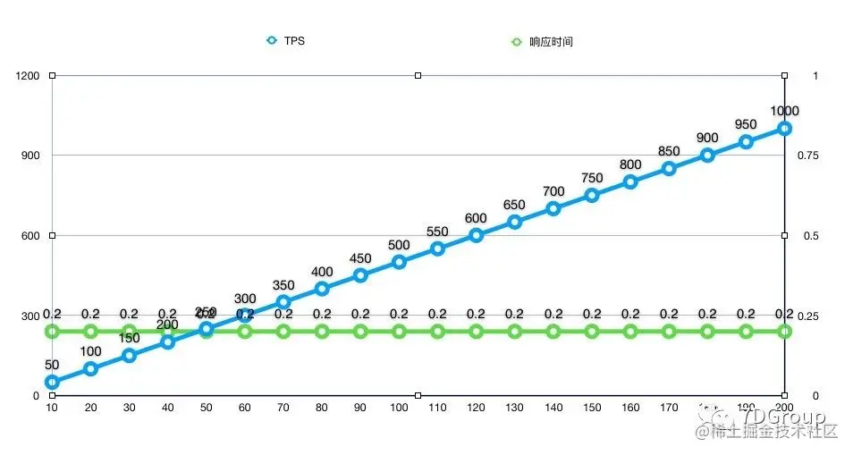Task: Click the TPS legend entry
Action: tap(286, 41)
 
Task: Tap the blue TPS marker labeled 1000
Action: tap(784, 128)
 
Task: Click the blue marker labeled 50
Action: tap(52, 382)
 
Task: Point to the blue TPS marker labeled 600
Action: tap(476, 235)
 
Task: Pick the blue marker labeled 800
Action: tap(630, 181)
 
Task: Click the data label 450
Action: tap(360, 259)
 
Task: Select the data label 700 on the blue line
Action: tap(553, 192)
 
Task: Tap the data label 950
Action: tap(746, 125)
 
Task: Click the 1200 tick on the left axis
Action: tap(28, 76)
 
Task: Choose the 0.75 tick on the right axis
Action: tap(807, 156)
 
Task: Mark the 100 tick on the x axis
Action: tap(399, 408)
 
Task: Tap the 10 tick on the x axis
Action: tap(52, 408)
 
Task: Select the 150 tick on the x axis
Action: tap(592, 408)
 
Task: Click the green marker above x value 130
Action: tap(514, 332)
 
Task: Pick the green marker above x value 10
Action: tap(52, 332)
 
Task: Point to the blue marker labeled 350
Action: tap(283, 302)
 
